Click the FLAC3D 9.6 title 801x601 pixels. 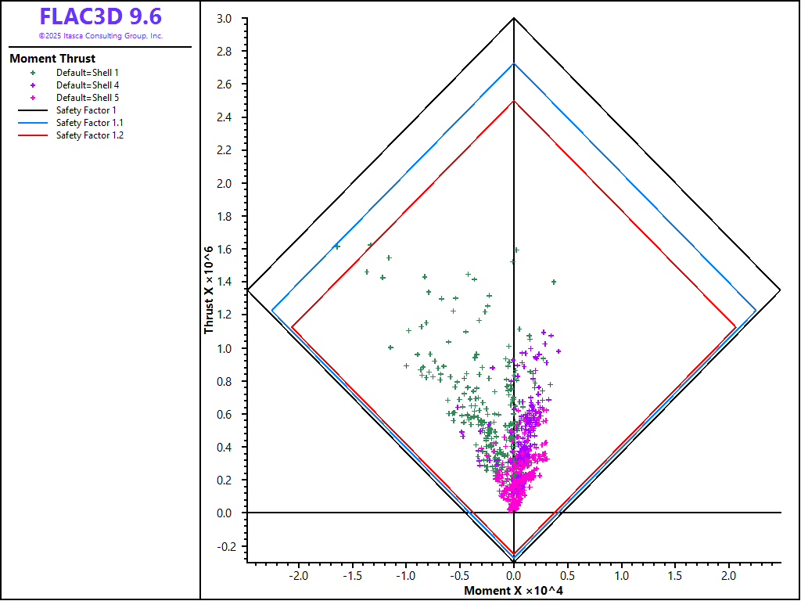coord(101,17)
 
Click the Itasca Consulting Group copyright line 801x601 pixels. coord(101,36)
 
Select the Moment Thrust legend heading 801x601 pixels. coord(52,59)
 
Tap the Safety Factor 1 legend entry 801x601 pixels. coord(86,110)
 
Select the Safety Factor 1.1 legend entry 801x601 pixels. coord(89,123)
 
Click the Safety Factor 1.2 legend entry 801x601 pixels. coord(89,135)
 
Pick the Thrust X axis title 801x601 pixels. coord(209,290)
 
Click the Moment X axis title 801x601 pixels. coord(513,590)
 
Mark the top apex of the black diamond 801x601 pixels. coord(513,17)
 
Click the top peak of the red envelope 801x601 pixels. coord(513,100)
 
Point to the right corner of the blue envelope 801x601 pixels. coord(756,311)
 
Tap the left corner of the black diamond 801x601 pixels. coord(247,290)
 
